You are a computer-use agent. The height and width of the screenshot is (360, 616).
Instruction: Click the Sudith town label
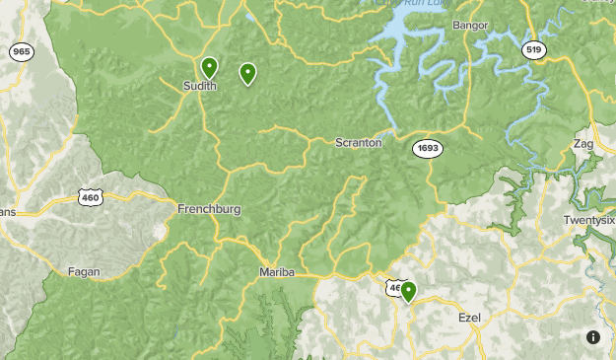coord(200,87)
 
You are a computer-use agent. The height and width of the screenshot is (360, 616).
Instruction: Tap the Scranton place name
coord(358,143)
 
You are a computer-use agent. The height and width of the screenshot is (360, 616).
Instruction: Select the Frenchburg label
coord(209,209)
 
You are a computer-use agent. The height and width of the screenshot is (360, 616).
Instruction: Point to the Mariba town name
coord(277,272)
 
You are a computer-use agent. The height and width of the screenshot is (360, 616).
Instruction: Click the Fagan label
coord(84,271)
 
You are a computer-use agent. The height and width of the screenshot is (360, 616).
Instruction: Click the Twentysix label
coord(589,219)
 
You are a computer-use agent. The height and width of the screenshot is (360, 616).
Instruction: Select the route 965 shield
coord(21,51)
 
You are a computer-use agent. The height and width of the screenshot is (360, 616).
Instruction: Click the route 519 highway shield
coord(533,48)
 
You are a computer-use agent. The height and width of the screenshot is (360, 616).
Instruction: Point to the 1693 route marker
coord(428,148)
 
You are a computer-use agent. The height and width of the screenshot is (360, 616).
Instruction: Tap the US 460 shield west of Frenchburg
coord(91,197)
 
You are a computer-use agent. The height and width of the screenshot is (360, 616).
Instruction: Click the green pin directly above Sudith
coord(209,68)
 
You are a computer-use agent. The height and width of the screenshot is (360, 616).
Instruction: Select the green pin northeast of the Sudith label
coord(247,73)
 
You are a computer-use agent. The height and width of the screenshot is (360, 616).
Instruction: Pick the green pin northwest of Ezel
coord(407,291)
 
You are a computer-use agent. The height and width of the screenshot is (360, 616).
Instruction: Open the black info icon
coord(592,337)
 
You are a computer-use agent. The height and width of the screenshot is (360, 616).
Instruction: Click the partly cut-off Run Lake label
coord(400,4)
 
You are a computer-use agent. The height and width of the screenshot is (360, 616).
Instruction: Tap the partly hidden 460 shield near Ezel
coord(393,288)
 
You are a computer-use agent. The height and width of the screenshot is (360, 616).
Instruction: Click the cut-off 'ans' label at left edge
coord(8,211)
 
